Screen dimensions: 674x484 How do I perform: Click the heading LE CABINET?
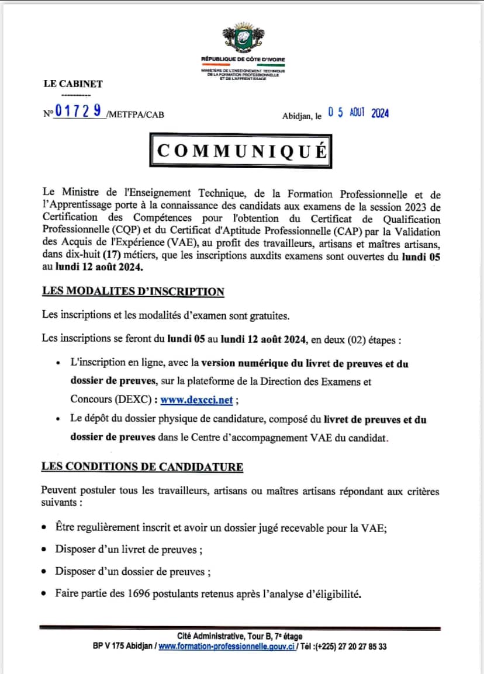(x=73, y=84)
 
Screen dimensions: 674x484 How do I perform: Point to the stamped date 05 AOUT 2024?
(x=358, y=113)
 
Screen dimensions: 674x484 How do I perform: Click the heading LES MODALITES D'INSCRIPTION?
(x=133, y=291)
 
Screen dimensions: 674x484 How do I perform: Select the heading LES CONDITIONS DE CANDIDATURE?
(x=142, y=467)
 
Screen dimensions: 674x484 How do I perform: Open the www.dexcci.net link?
(x=196, y=400)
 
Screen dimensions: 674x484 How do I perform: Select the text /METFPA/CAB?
(x=136, y=114)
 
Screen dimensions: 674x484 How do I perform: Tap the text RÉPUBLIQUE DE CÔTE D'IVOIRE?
(x=243, y=60)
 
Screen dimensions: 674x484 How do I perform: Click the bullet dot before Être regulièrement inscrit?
(x=45, y=527)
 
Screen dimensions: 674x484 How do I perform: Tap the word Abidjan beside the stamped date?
(x=298, y=116)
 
